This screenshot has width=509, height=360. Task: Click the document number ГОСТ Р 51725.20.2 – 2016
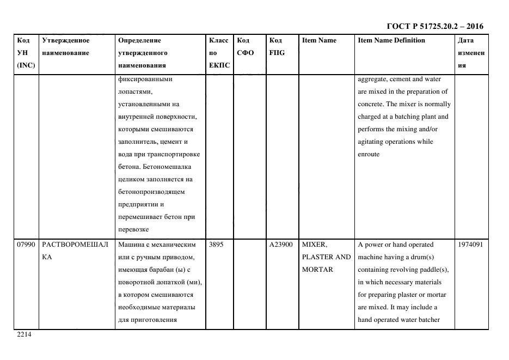click(x=434, y=26)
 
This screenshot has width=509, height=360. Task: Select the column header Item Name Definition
click(x=391, y=40)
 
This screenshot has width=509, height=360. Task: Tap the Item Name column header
click(x=319, y=40)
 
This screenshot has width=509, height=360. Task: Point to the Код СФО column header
click(x=244, y=46)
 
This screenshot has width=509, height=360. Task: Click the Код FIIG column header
click(x=277, y=46)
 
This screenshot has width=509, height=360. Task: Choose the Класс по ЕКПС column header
click(x=219, y=53)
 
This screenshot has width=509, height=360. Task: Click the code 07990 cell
click(x=26, y=245)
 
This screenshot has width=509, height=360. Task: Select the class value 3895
click(x=216, y=245)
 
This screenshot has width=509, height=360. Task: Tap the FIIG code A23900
click(x=281, y=245)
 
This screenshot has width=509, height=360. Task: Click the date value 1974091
click(x=471, y=245)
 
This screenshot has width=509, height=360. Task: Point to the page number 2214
click(x=24, y=334)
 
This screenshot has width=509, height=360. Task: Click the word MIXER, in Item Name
click(x=315, y=245)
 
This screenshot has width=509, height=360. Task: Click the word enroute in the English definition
click(x=369, y=155)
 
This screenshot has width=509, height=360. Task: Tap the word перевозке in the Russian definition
click(x=133, y=230)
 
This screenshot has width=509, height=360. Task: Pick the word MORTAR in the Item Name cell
click(x=317, y=270)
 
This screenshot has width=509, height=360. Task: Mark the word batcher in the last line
click(x=428, y=320)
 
